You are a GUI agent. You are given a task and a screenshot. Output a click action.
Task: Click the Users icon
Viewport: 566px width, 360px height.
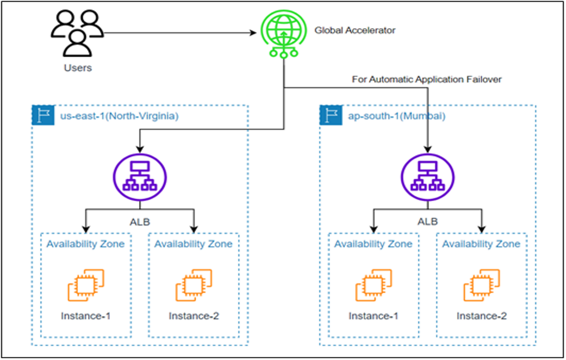(x=77, y=34)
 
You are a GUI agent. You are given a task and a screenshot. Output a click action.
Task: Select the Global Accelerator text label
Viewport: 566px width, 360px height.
(x=355, y=30)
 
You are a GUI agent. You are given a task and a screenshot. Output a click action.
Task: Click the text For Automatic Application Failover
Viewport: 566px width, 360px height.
(x=427, y=79)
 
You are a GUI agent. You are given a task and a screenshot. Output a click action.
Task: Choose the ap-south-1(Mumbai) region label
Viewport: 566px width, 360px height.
(x=396, y=116)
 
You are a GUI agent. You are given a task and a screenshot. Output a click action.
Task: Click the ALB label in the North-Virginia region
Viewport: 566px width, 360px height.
(x=140, y=222)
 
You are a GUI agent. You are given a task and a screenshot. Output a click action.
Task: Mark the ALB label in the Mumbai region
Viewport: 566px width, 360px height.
(x=427, y=222)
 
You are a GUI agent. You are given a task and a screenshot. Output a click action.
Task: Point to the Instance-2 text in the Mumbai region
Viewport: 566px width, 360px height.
(x=481, y=316)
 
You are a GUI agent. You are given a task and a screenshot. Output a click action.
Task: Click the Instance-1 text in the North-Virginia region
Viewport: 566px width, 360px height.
(x=86, y=316)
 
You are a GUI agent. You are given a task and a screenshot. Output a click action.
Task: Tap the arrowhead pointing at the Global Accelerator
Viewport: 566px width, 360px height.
(x=253, y=33)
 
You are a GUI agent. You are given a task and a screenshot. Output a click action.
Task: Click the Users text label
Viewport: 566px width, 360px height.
(x=77, y=68)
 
